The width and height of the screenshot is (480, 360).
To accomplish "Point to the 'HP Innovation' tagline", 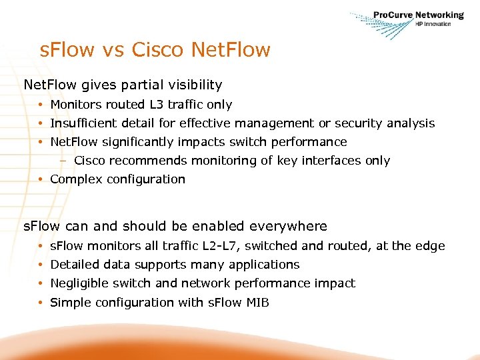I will point(433,24).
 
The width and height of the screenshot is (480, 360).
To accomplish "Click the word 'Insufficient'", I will point(83,123).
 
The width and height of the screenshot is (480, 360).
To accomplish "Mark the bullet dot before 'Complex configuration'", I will point(41,179).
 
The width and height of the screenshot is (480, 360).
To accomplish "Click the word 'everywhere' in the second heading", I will point(289,226).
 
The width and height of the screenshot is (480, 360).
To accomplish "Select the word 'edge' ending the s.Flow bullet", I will point(431,246).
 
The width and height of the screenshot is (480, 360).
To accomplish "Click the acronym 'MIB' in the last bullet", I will point(257,303).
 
